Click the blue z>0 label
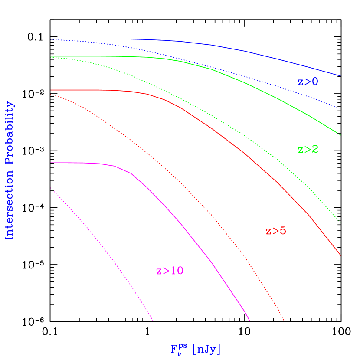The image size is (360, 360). [x=308, y=82]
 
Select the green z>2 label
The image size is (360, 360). [x=308, y=150]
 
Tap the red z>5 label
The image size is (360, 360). [x=276, y=231]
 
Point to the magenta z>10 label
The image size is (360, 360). [x=170, y=271]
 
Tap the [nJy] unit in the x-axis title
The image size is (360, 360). [x=206, y=349]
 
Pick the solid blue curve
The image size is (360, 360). [x=260, y=54]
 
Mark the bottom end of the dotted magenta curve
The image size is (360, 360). [x=153, y=321]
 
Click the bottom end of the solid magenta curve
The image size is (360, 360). [x=250, y=321]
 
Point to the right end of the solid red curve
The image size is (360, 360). [x=340, y=255]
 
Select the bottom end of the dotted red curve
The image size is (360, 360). [x=284, y=321]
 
